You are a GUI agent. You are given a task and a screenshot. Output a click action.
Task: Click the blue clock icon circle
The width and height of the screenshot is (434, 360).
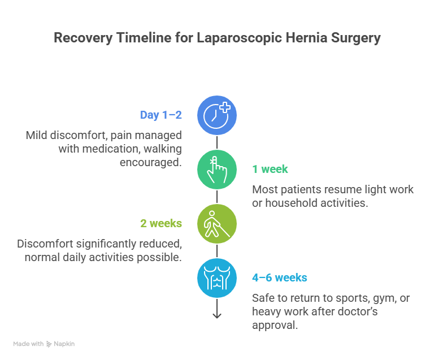217,115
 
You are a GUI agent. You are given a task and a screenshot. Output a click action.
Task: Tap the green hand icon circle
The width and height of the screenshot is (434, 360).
217,170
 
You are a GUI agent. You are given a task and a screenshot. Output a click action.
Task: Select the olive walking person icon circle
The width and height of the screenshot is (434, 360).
217,224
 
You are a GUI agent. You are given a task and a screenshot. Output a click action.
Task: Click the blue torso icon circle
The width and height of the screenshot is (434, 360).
217,278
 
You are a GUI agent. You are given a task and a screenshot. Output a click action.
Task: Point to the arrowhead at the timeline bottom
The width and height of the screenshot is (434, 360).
217,315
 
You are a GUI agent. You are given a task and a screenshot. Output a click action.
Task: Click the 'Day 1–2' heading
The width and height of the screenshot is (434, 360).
160,115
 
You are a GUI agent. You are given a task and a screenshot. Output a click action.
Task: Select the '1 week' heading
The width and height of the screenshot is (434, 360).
270,169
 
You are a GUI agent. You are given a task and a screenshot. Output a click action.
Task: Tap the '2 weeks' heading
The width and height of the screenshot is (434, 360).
161,223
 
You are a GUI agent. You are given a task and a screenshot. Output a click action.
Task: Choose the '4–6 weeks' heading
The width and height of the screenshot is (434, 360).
280,277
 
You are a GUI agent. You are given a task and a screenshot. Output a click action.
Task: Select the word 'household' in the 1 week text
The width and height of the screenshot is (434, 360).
289,202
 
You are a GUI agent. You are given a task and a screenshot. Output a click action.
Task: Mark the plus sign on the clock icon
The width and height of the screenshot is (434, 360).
225,107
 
